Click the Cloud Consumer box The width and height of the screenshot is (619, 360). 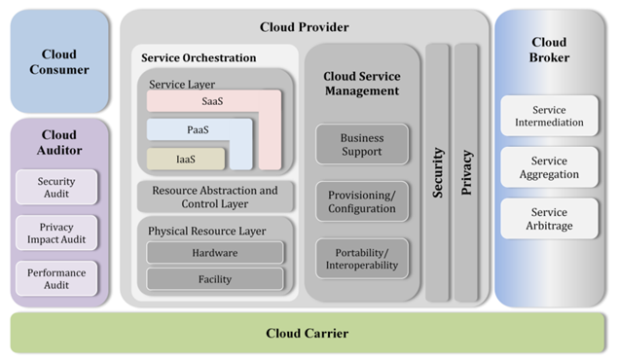pos(58,61)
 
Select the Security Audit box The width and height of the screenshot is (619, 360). pos(56,187)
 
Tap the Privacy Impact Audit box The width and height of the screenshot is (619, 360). pos(56,233)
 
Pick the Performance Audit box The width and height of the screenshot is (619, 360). pos(56,279)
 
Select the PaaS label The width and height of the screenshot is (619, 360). pos(198,129)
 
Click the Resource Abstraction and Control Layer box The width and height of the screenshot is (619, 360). pos(215,197)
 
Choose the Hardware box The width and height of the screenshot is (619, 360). pos(215,252)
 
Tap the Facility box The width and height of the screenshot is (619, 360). pos(215,278)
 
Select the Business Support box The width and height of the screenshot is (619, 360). pos(361,145)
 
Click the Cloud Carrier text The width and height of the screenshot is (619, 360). pos(307,333)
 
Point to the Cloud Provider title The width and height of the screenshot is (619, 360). pos(305,26)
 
